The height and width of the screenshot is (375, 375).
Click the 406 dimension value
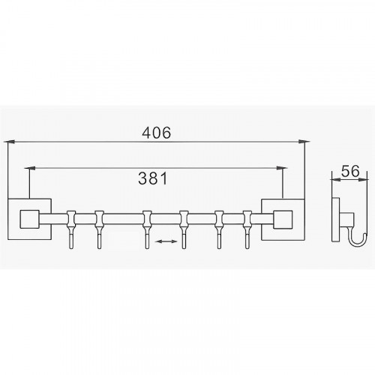coord(157,133)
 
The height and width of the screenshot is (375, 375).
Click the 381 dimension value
coord(153,178)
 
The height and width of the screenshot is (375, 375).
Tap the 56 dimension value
coord(350,171)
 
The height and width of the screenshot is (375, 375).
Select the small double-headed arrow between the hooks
coord(166,241)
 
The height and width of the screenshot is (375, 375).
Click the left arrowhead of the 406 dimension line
coord(10,142)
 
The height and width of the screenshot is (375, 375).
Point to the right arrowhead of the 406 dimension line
coord(304,142)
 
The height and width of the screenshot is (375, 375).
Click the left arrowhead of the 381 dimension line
coord(30,168)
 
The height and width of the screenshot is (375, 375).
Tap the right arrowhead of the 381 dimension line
coord(282,168)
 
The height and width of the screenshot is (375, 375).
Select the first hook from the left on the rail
coord(71,229)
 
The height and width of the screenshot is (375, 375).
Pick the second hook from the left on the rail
coord(99,229)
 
